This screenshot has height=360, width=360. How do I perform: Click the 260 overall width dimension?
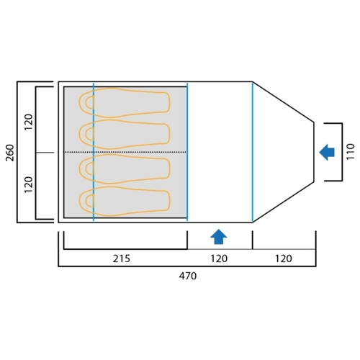click(x=11, y=153)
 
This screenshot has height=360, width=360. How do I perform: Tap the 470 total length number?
click(x=188, y=276)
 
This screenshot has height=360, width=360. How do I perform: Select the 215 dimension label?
click(x=122, y=258)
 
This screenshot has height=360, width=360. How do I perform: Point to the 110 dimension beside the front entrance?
click(x=351, y=151)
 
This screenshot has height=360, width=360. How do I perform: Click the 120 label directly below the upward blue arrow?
click(x=219, y=258)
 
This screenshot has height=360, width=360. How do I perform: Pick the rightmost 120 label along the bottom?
click(x=284, y=258)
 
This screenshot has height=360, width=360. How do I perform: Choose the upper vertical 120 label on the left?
click(x=29, y=122)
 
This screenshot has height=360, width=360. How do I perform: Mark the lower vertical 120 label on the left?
click(x=29, y=184)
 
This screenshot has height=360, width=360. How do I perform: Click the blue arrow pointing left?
click(x=327, y=152)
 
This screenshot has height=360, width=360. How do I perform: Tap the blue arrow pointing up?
click(x=219, y=237)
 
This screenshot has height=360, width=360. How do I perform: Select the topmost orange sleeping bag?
click(x=125, y=103)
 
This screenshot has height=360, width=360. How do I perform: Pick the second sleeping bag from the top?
click(x=125, y=135)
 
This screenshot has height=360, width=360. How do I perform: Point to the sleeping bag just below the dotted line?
click(x=125, y=169)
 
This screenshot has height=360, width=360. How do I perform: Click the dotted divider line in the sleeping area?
click(x=125, y=152)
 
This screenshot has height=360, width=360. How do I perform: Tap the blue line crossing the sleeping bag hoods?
click(x=94, y=152)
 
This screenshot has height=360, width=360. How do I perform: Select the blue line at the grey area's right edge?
click(x=187, y=152)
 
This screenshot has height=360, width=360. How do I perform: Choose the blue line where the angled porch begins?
click(x=253, y=152)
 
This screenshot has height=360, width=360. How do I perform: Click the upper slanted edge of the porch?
click(x=283, y=102)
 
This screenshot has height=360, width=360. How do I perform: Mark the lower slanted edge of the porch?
click(x=283, y=202)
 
